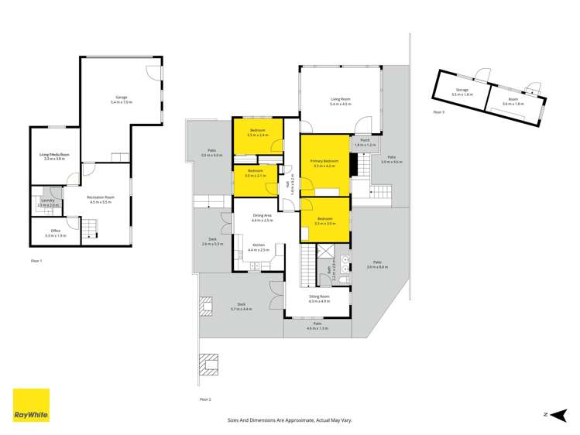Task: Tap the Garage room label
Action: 122,98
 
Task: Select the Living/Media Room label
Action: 54,156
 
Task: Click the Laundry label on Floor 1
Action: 47,202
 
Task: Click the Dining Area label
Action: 263,217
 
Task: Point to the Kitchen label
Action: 257,247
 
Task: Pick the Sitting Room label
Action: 319,299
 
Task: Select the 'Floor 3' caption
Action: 438,113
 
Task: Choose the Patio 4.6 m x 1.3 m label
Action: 317,326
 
